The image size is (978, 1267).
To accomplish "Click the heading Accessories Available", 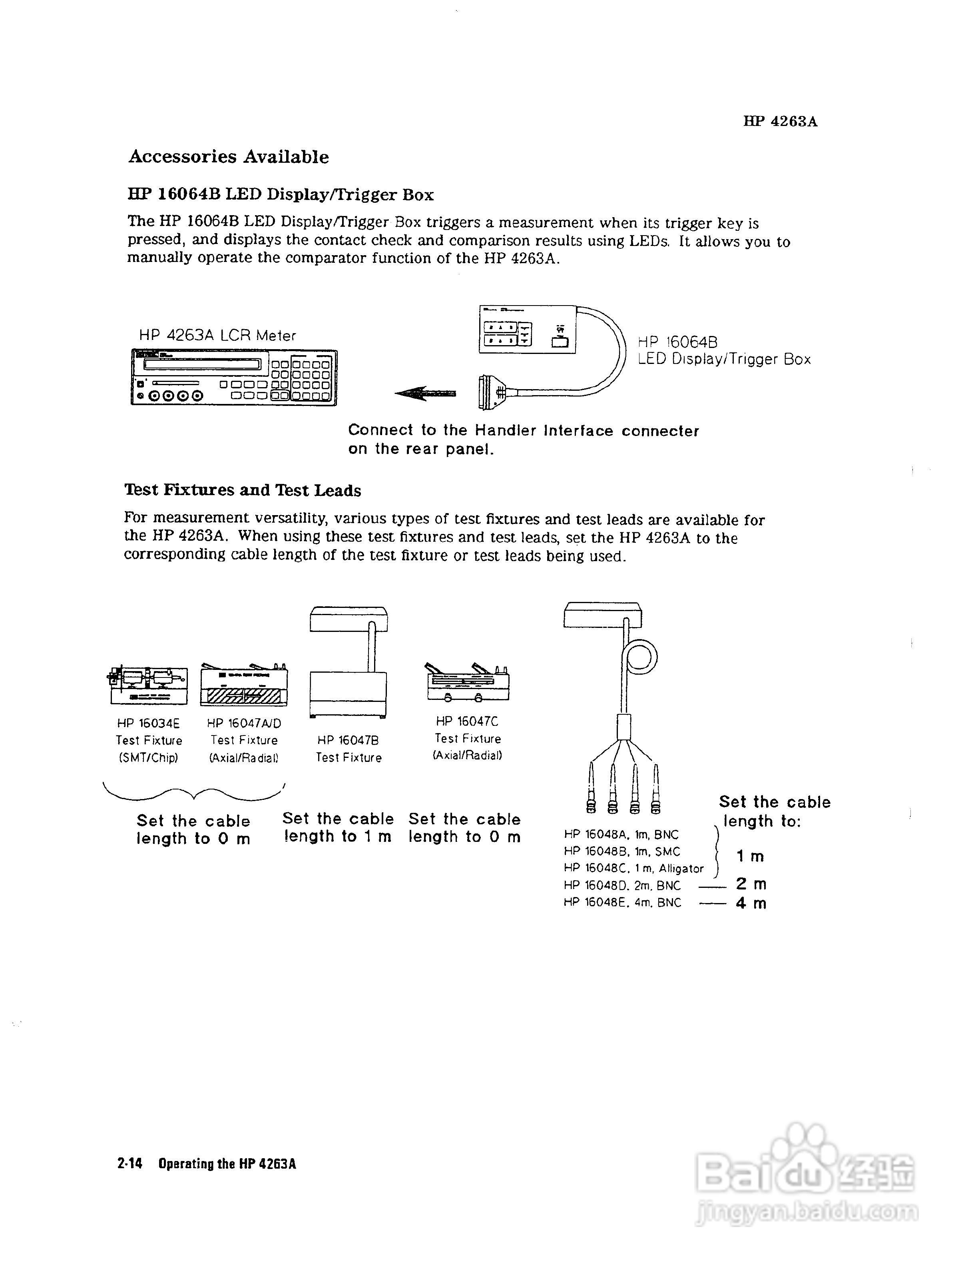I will [228, 157].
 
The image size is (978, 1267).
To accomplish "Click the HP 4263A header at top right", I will [780, 121].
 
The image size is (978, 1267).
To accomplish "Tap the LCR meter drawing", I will [234, 377].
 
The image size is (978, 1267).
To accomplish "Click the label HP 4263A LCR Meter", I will [217, 335].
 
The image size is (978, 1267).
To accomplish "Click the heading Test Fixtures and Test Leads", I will [242, 490].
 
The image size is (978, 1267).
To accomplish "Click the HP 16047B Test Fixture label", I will [349, 748].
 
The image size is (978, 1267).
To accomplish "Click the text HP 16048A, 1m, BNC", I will [621, 834].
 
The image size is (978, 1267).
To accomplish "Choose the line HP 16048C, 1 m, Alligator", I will [633, 868].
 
